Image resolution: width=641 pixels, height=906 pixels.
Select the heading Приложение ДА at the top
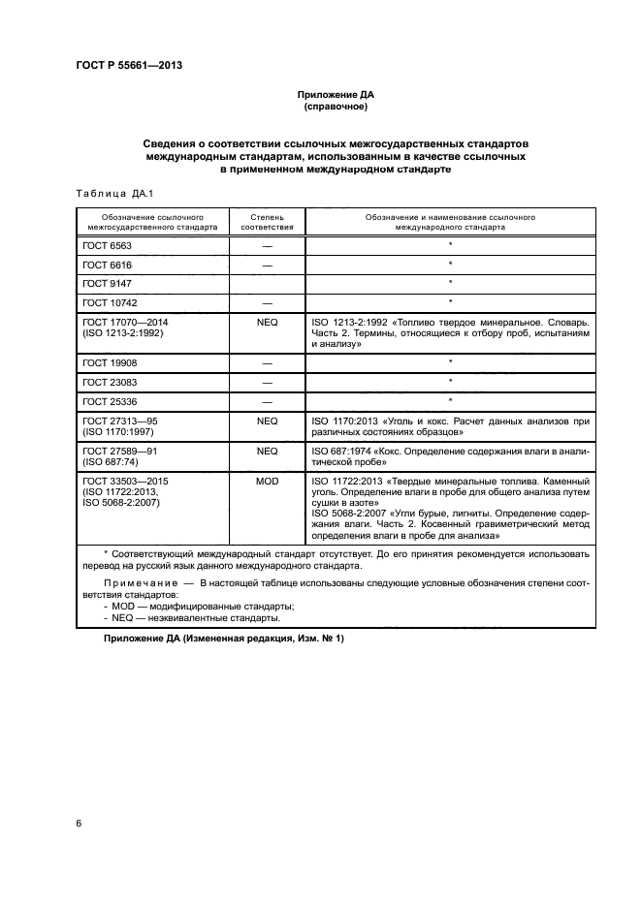click(x=335, y=96)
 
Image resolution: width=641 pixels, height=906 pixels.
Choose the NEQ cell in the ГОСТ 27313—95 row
click(x=266, y=422)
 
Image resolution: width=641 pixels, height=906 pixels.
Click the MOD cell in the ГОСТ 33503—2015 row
click(x=266, y=480)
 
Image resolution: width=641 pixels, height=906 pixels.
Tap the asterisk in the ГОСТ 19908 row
click(x=450, y=363)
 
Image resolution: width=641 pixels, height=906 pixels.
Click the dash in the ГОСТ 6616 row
click(x=266, y=265)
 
